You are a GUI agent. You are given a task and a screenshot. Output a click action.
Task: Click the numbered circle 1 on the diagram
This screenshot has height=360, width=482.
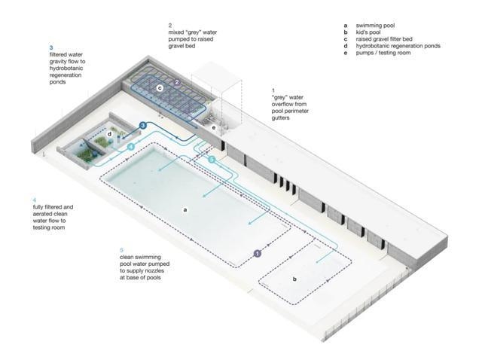[258, 253]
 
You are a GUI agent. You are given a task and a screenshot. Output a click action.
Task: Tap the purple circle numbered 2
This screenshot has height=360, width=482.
[177, 82]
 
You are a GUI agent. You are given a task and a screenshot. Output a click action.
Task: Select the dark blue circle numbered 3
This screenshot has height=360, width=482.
[143, 126]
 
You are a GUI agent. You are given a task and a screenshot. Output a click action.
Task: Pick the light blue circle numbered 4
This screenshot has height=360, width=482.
[131, 147]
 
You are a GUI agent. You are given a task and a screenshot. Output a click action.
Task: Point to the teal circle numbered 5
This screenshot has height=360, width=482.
[212, 159]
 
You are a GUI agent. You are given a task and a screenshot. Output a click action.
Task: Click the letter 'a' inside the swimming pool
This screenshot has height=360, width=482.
[185, 210]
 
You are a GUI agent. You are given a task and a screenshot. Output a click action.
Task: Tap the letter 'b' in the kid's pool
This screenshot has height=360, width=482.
[294, 279]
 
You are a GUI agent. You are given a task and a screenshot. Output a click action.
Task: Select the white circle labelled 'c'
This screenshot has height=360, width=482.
[160, 88]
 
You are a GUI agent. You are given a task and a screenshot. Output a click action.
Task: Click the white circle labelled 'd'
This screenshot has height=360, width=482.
[110, 134]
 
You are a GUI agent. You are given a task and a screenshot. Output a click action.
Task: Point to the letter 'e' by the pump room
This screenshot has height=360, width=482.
[214, 127]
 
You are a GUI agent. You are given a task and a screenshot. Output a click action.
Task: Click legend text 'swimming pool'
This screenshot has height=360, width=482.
[375, 26]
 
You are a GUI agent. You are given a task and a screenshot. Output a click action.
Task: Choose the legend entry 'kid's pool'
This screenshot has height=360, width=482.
[368, 32]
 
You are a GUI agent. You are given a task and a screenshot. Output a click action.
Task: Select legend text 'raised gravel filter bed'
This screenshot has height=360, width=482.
[384, 39]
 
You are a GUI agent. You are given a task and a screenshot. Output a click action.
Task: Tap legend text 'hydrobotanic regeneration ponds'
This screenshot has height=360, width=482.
[398, 46]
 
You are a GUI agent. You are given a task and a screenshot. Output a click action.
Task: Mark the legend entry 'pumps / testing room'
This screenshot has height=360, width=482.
[383, 53]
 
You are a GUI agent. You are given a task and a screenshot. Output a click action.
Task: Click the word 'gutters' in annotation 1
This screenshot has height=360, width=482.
[280, 117]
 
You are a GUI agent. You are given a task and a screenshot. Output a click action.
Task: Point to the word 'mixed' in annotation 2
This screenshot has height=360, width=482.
[175, 32]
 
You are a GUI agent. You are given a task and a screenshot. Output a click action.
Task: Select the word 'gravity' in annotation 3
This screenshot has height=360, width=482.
[59, 62]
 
